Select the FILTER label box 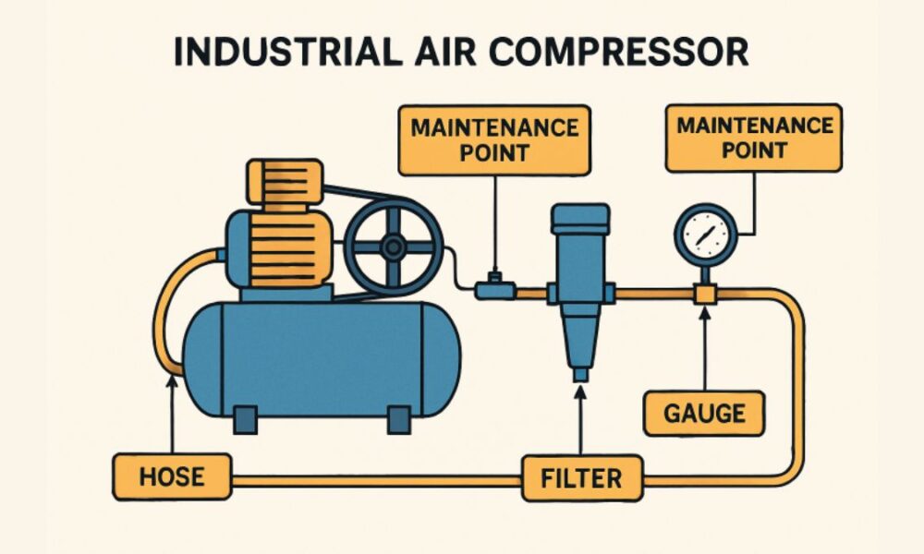click(581, 478)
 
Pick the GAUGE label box click(703, 413)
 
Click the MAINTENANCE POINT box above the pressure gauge click(754, 138)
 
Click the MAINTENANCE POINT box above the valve click(493, 139)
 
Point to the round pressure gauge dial click(706, 235)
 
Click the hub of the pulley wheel click(394, 246)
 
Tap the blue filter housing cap click(580, 219)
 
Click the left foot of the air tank click(245, 418)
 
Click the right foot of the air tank click(398, 418)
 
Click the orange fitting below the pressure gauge click(705, 294)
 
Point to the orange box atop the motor click(284, 181)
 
